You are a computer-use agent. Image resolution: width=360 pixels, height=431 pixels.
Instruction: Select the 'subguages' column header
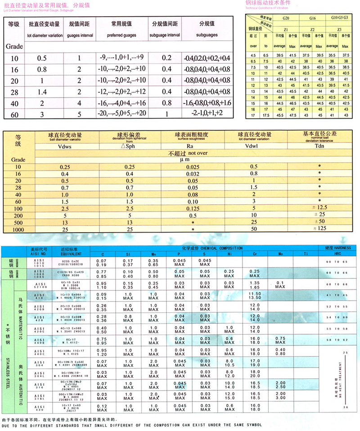point(207,34)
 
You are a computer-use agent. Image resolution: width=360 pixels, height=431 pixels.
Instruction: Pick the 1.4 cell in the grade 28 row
point(42,92)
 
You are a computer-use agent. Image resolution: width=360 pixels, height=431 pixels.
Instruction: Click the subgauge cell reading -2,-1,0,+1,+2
point(207,113)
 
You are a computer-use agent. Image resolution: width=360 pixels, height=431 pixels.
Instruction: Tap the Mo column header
point(280,254)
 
